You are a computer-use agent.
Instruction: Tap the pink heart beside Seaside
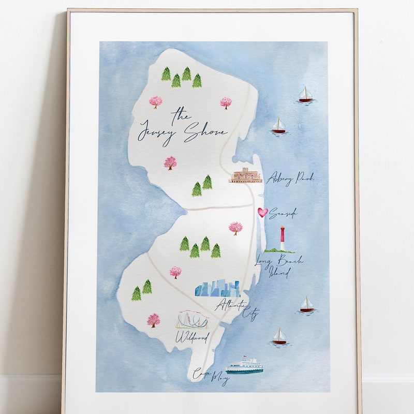click(263, 212)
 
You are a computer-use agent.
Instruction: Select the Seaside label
click(284, 213)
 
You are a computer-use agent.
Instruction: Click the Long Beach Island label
click(279, 266)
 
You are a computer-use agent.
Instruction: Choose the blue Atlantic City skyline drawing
click(217, 289)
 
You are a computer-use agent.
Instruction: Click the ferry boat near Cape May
click(244, 366)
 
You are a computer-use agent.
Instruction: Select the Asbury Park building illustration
click(245, 175)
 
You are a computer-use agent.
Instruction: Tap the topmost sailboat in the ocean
click(305, 94)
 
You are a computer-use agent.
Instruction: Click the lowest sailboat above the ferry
click(279, 336)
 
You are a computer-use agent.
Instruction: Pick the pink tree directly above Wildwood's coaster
click(175, 272)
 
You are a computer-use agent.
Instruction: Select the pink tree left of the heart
click(235, 228)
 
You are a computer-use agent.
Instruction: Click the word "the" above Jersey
click(181, 113)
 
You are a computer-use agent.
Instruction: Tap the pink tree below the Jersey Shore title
click(170, 163)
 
